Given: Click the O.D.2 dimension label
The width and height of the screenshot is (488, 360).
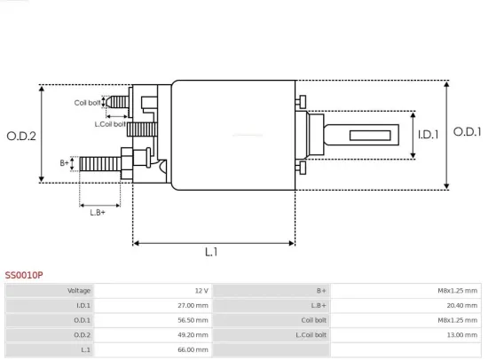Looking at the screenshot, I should (x=21, y=136).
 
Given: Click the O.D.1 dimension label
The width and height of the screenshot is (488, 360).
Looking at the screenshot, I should (x=468, y=131).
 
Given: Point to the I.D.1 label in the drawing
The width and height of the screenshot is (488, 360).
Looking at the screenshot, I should (x=429, y=135).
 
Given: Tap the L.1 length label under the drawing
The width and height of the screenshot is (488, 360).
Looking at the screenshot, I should (x=211, y=253).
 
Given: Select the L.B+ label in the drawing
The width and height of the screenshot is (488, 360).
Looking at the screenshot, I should (x=98, y=211).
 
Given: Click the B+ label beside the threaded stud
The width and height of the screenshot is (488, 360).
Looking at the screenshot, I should (x=65, y=162).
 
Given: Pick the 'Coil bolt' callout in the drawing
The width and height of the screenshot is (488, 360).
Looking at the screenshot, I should (x=87, y=103).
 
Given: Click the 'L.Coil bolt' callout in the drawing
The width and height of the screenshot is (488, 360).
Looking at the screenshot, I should (x=110, y=123).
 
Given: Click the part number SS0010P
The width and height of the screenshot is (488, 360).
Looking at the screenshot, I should (x=24, y=276).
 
